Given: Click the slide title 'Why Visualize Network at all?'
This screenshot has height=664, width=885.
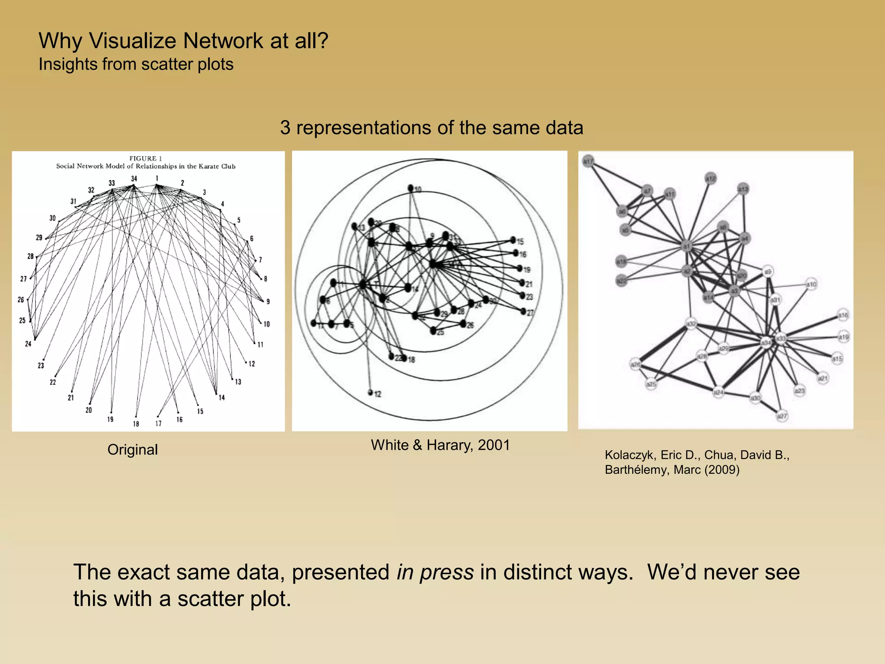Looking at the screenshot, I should [183, 41].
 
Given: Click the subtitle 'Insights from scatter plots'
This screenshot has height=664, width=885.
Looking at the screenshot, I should [136, 64].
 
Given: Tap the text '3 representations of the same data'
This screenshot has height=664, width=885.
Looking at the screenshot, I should [431, 128].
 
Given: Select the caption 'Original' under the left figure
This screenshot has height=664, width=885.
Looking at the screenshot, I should [132, 450].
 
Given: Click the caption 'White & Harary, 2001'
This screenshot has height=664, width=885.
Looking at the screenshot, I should [440, 445].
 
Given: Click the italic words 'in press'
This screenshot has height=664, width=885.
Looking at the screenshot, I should [435, 572].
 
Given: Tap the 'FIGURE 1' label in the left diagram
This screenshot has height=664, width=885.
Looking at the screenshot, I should [145, 158].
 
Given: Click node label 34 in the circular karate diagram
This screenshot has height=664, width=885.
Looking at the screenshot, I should [134, 179].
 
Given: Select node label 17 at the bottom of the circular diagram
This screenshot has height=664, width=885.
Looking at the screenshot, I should [158, 424].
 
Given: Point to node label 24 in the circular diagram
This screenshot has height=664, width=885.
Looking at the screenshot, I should [28, 344].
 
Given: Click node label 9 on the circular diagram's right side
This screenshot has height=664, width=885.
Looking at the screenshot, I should [268, 302].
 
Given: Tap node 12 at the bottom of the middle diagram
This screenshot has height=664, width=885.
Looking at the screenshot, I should [371, 393].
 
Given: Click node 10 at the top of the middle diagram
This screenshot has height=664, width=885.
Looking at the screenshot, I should [411, 188].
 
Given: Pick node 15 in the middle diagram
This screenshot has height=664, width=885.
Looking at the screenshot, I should [513, 240].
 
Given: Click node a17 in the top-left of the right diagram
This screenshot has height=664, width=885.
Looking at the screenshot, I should [588, 161].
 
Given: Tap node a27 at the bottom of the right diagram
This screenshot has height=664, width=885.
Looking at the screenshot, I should [782, 416].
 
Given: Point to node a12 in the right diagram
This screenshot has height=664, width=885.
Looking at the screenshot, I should [711, 178].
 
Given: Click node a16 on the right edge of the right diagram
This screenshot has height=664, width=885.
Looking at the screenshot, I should [843, 316].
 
